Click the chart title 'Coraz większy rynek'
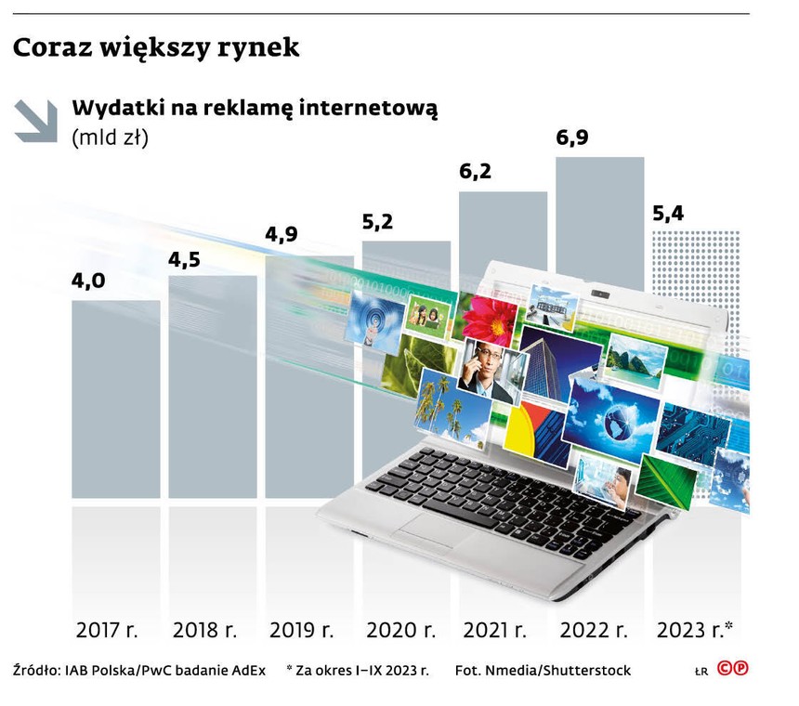156,47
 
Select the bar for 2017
115,399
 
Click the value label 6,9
572,138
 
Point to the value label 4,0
89,281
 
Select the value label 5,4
669,214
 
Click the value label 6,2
476,172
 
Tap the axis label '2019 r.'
301,630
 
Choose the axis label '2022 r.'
592,630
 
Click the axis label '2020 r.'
399,630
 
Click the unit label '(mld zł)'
110,137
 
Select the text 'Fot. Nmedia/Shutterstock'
543,670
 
